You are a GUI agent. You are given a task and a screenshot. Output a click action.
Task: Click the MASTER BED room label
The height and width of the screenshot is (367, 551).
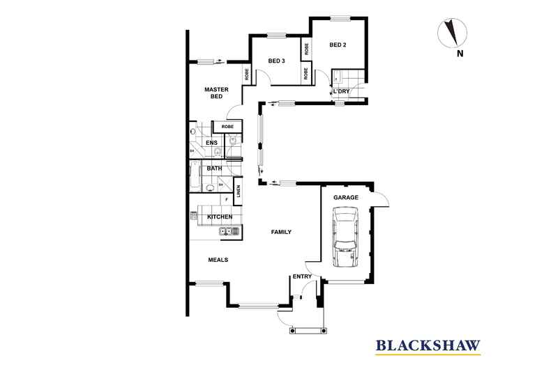(216, 93)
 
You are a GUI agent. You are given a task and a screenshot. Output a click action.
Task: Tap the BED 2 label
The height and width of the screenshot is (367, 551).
(338, 45)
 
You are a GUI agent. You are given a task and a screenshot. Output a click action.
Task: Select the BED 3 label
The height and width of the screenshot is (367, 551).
(276, 61)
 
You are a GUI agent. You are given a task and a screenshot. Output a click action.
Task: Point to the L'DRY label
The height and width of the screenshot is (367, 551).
(341, 91)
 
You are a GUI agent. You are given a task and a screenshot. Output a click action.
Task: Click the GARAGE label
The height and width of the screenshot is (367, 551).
(346, 198)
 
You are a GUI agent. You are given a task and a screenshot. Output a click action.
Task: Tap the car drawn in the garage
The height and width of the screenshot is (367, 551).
(346, 237)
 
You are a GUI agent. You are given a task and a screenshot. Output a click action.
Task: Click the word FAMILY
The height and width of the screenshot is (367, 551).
(281, 232)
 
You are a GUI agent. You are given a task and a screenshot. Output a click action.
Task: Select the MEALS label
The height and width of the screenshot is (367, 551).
(218, 260)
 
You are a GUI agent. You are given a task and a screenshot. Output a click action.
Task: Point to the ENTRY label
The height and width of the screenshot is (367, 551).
(302, 276)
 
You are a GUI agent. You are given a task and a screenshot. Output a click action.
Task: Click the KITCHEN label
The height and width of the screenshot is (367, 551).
(220, 217)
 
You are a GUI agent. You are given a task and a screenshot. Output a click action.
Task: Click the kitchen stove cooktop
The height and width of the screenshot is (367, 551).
(194, 215)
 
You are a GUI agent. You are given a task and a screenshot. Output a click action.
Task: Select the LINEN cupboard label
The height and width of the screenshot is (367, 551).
(239, 192)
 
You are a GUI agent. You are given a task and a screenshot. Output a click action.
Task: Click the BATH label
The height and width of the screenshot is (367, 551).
(214, 169)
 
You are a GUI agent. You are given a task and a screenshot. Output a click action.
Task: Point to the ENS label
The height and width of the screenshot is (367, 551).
(211, 143)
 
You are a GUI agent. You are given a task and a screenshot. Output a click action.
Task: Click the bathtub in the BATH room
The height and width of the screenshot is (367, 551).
(195, 176)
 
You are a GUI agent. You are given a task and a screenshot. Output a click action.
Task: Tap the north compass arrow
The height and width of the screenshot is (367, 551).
(450, 32)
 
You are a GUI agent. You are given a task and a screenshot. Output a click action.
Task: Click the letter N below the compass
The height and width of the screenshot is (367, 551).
(460, 54)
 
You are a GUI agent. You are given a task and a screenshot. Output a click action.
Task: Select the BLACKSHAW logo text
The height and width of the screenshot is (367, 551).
(428, 345)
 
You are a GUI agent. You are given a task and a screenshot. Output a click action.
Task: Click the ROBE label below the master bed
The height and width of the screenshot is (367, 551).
(227, 127)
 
